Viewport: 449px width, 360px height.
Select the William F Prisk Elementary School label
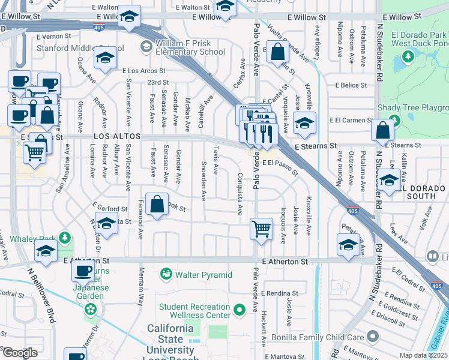point(190,47)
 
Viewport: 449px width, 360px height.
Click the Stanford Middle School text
point(80,47)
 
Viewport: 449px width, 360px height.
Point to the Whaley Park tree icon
point(65,239)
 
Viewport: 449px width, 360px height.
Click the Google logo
point(19,352)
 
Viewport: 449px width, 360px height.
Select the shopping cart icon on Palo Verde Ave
point(261,228)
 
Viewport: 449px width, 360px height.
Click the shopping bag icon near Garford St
point(157,204)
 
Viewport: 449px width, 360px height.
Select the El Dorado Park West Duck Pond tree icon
point(408,56)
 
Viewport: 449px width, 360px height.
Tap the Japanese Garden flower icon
point(90,310)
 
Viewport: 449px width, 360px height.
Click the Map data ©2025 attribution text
point(424,355)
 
